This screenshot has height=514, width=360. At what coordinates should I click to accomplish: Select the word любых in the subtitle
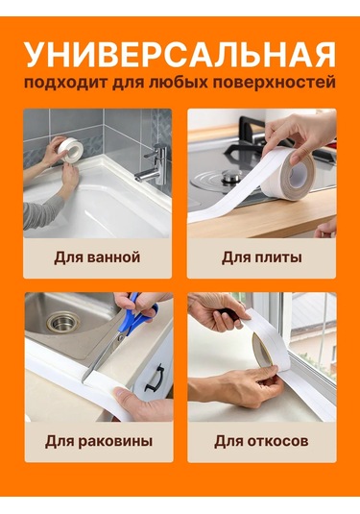click(176, 85)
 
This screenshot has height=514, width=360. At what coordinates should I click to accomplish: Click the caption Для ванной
click(98, 257)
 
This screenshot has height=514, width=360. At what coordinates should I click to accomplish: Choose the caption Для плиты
click(261, 257)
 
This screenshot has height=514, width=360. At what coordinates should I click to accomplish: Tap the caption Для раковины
click(98, 441)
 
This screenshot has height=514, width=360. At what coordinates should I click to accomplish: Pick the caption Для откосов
click(261, 441)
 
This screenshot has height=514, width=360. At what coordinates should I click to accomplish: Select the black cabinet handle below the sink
click(152, 380)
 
